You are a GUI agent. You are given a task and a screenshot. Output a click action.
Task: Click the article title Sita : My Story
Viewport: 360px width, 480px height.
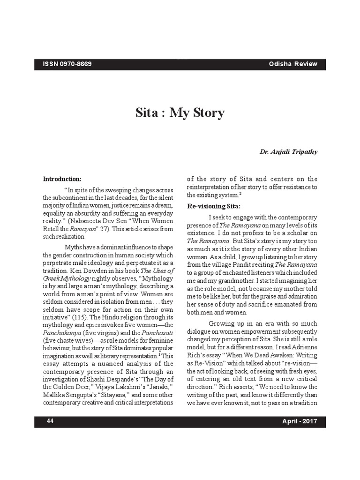[180, 113]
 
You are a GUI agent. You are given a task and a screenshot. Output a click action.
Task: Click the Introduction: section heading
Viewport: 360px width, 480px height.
[62, 179]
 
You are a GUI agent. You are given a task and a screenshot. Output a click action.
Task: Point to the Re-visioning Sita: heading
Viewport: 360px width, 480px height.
[214, 206]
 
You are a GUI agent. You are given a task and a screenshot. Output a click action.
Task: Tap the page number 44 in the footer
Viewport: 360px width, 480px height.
[50, 421]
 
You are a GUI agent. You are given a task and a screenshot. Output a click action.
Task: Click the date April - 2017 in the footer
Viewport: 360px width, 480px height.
[300, 421]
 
